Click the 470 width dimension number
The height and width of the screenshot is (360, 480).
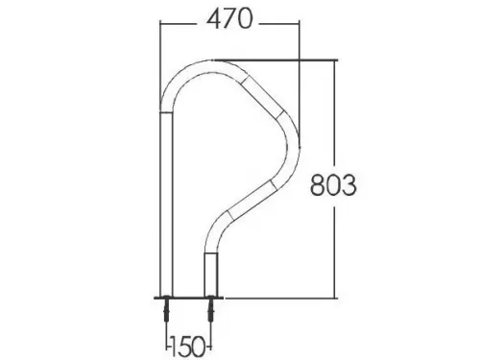click(229, 19)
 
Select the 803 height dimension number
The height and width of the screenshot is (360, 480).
click(333, 185)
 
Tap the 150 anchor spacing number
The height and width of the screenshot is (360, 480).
click(188, 346)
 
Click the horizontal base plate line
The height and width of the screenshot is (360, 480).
click(188, 299)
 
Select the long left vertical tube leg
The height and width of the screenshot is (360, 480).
click(166, 204)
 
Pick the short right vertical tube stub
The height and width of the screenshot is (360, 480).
click(211, 275)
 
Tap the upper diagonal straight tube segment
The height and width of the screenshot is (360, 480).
click(262, 96)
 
